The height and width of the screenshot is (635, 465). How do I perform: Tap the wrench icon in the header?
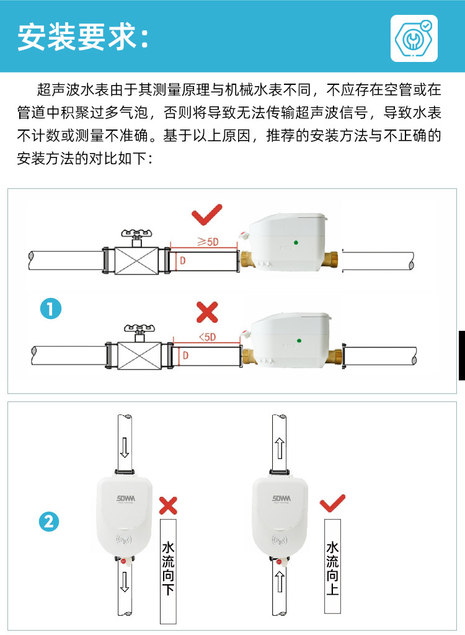coord(414,38)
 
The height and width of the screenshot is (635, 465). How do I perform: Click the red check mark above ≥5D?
coord(206,216)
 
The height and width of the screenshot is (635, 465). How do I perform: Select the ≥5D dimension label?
coord(208,242)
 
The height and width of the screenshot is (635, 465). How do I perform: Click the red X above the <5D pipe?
coord(207,313)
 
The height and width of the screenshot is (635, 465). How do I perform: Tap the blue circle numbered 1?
coord(50,308)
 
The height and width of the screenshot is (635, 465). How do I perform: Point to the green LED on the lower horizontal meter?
coord(299,339)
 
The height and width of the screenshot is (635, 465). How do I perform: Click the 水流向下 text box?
coord(168,571)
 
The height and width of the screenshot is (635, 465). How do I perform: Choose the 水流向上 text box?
coord(332,566)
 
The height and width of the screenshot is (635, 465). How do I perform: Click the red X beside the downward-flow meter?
coord(167,505)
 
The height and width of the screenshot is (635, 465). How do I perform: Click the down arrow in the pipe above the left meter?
coord(125,447)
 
